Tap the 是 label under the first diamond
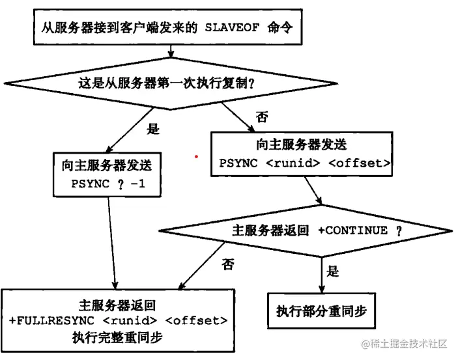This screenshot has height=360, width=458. pyautogui.click(x=153, y=130)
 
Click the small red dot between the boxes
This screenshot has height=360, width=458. pyautogui.click(x=196, y=156)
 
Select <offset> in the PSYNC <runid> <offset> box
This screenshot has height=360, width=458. pyautogui.click(x=360, y=163)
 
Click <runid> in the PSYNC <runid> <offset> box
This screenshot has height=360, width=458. pyautogui.click(x=293, y=163)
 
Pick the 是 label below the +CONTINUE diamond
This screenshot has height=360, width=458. pyautogui.click(x=333, y=271)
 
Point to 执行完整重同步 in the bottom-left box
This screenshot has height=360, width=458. pyautogui.click(x=117, y=337)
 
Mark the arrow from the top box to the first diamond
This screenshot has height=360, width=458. pyautogui.click(x=171, y=51)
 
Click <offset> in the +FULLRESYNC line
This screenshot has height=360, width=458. pyautogui.click(x=196, y=321)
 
